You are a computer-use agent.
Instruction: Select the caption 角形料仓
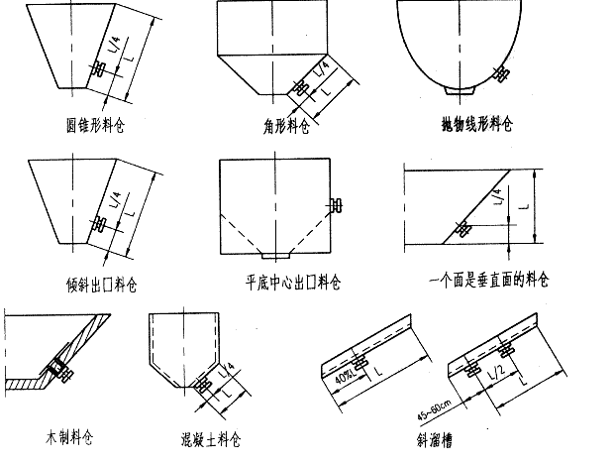pyautogui.click(x=279, y=127)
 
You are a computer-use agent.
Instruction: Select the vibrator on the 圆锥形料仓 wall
pyautogui.click(x=98, y=70)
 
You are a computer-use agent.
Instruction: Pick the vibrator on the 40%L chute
pyautogui.click(x=359, y=358)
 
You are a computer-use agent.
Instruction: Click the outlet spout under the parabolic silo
pyautogui.click(x=458, y=92)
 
